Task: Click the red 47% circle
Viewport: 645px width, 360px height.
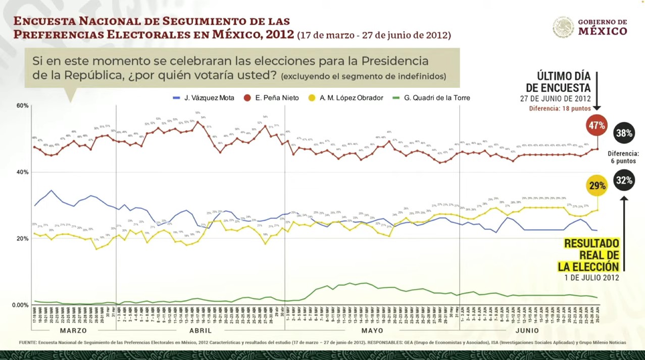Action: [597, 126]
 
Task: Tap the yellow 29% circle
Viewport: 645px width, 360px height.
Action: [597, 186]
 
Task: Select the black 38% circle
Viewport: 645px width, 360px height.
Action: [624, 133]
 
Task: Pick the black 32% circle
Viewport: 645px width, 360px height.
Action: [624, 180]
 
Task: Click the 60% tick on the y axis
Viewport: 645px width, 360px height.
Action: [22, 106]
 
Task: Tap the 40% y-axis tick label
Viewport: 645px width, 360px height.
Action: [22, 172]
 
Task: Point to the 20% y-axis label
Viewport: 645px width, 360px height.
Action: [22, 238]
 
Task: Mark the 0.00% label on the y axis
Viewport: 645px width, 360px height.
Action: [20, 305]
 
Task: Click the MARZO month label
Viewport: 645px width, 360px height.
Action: [73, 331]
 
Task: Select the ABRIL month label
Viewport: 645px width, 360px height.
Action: [200, 331]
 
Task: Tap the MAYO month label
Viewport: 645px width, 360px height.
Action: [372, 331]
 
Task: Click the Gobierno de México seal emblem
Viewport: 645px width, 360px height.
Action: [563, 27]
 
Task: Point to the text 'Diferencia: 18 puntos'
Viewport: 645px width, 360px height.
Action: [560, 108]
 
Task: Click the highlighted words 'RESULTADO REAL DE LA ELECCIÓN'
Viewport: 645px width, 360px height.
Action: [591, 255]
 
